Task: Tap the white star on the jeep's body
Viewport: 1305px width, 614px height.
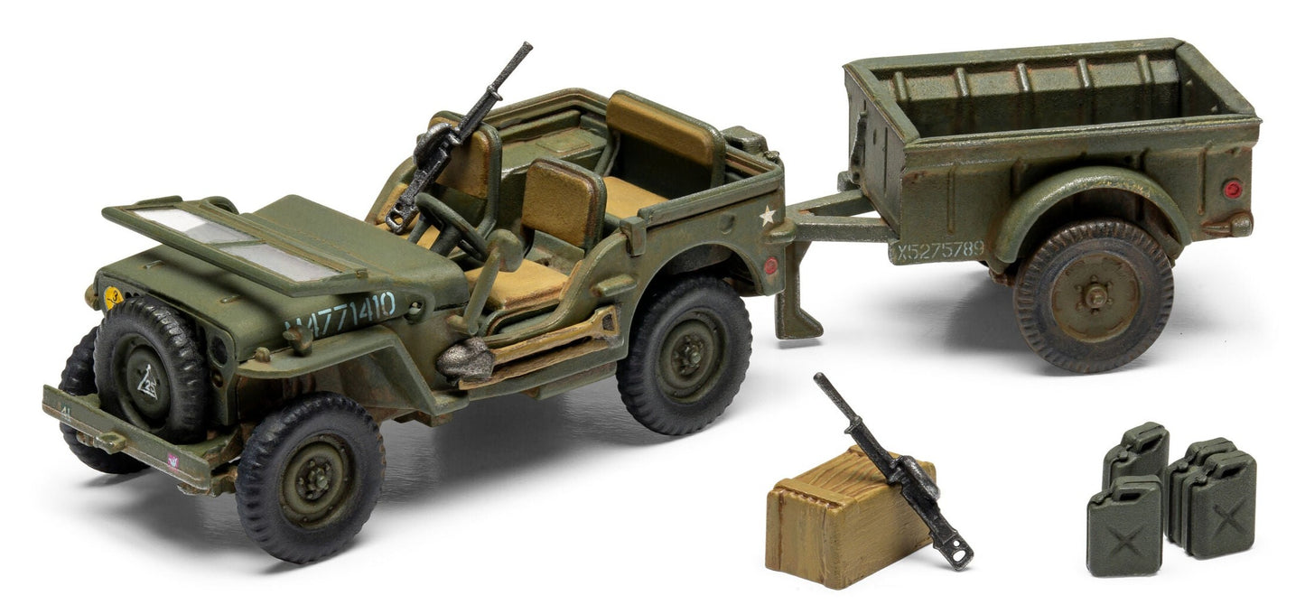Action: point(767,216)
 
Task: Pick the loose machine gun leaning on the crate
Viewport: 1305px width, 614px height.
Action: point(890,470)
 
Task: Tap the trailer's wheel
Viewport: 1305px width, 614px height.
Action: point(1093,294)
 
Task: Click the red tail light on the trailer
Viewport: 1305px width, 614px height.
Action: point(1232,190)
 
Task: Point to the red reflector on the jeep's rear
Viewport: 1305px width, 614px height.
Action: point(770,265)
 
